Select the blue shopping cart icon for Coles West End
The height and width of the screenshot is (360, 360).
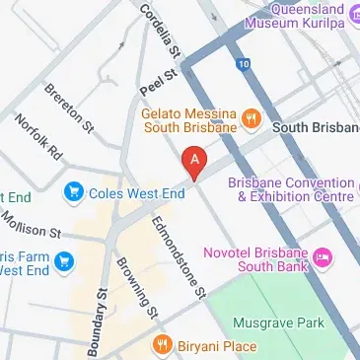click(73, 192)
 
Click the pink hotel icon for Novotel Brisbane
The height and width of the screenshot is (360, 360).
click(324, 258)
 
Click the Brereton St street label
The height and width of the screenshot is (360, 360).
click(70, 108)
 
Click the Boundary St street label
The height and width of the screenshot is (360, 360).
click(98, 321)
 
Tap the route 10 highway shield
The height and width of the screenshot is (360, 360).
click(243, 62)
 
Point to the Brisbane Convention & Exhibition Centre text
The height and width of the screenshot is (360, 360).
click(290, 189)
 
